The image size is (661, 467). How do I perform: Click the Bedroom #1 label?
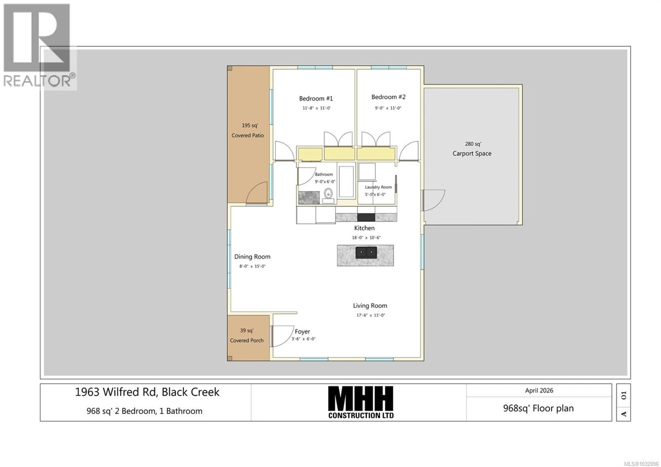point(316,99)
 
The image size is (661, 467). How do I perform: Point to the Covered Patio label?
point(248,135)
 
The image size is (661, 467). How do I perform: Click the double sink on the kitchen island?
point(366,252)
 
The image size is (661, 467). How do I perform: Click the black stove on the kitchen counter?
point(366,217)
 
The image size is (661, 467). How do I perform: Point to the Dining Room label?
point(252,257)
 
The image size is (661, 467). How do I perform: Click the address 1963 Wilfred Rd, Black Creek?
point(147,392)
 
